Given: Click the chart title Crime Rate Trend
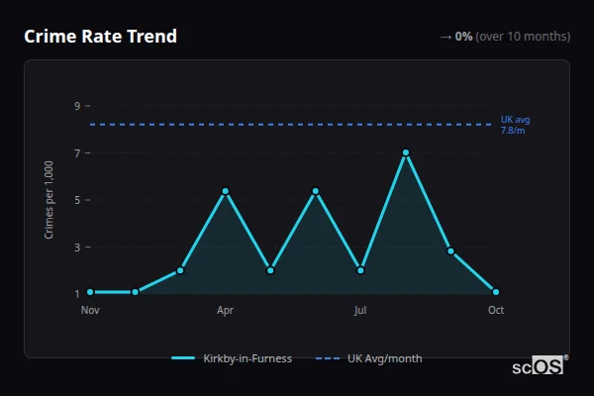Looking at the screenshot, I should [x=100, y=37].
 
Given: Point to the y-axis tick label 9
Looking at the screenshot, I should [x=76, y=106].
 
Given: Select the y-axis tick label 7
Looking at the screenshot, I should [x=76, y=153].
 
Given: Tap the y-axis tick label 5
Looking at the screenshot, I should [x=76, y=200].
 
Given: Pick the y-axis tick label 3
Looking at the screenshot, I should [x=76, y=247].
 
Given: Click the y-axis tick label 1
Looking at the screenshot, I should [x=76, y=294].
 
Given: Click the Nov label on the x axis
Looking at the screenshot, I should [x=90, y=310].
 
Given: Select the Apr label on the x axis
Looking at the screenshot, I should [x=225, y=310].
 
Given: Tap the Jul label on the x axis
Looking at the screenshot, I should [x=360, y=310].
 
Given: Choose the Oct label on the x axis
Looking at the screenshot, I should [x=496, y=310].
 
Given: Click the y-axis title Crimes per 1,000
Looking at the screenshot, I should [x=49, y=200].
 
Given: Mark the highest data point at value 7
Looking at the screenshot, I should [x=406, y=152].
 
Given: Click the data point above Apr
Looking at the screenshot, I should [x=226, y=191].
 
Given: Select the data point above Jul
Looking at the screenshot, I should [x=360, y=270].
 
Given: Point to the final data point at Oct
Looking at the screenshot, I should [x=496, y=292].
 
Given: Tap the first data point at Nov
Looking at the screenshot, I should [x=90, y=292].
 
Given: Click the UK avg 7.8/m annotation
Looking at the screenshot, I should [x=515, y=125].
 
